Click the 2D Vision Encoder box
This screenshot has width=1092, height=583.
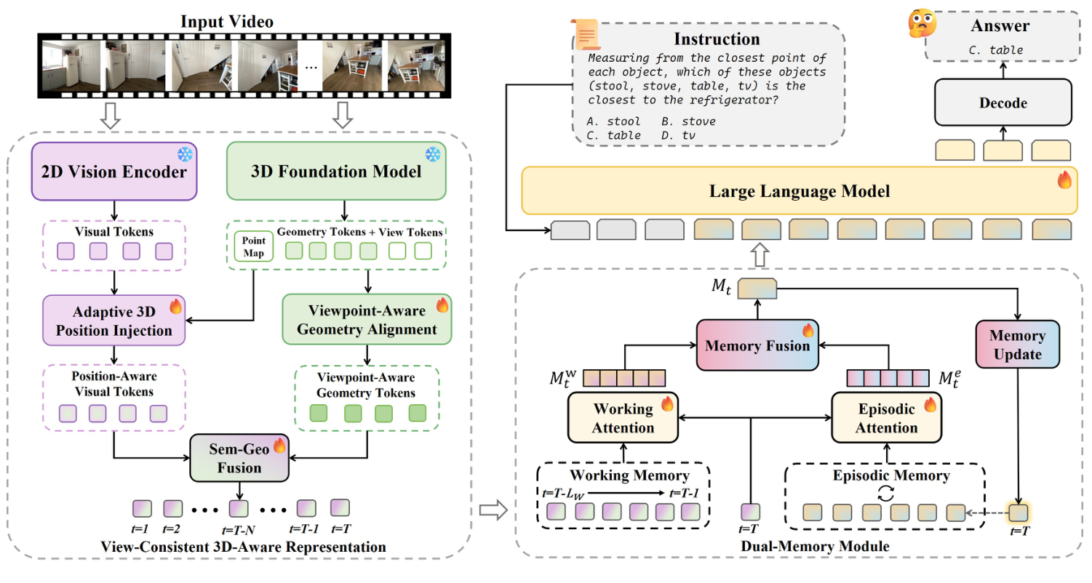114,172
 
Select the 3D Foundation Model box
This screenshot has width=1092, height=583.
337,172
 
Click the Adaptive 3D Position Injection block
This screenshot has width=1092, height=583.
114,321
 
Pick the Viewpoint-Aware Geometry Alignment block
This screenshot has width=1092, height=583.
367,319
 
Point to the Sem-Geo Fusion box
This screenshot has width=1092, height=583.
239,457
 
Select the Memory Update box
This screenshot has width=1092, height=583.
1016,345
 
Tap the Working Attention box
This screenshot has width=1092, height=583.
623,417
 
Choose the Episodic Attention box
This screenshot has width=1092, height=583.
886,417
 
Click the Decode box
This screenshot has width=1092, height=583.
1003,103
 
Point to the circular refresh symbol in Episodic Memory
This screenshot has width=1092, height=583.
885,493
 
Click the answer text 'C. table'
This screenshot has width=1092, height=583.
996,50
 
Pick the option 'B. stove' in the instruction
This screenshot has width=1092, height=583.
688,121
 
